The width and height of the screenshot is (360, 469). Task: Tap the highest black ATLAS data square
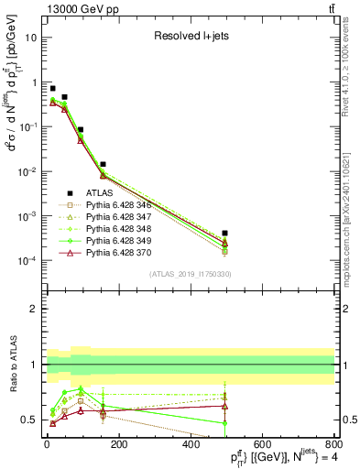(x=53, y=89)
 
